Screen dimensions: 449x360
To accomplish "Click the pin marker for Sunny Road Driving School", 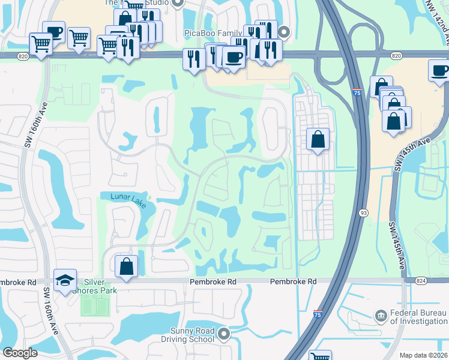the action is pyautogui.click(x=224, y=333).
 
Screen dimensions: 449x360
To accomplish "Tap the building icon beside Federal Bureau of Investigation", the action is pyautogui.click(x=380, y=316).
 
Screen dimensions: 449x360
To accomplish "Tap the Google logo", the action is pyautogui.click(x=20, y=352).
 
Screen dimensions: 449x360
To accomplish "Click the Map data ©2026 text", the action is pyautogui.click(x=423, y=355).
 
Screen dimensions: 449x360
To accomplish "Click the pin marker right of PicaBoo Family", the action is pyautogui.click(x=285, y=32).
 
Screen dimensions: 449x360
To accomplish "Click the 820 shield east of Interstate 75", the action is pyautogui.click(x=396, y=55).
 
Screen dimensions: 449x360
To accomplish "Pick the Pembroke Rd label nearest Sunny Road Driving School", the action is pyautogui.click(x=214, y=281).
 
